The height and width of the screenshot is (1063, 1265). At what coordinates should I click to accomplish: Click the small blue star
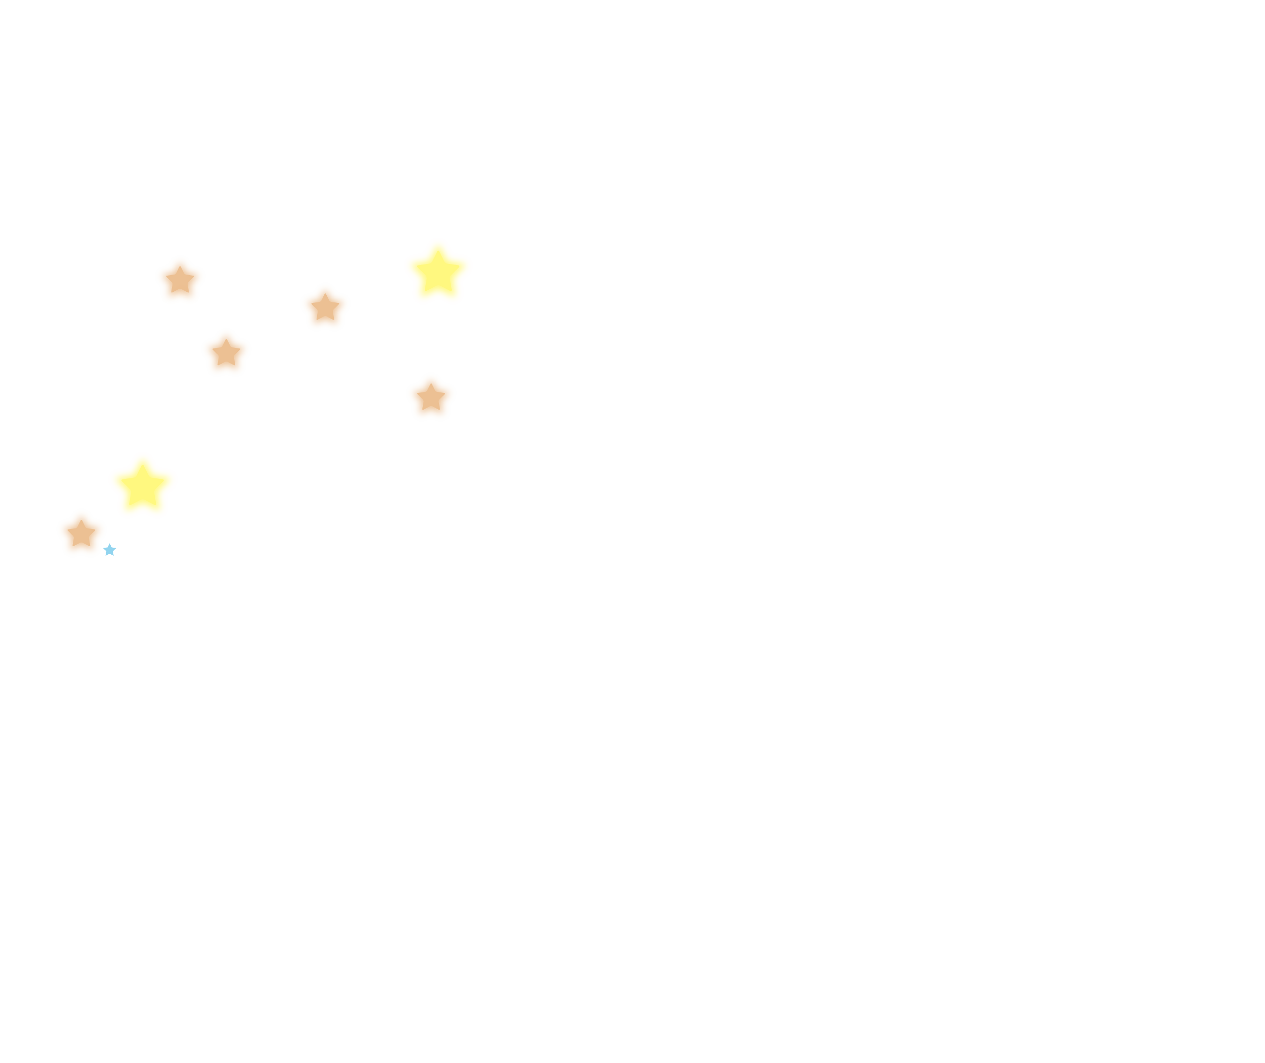point(110,550)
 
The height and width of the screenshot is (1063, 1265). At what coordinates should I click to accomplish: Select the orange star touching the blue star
point(82,534)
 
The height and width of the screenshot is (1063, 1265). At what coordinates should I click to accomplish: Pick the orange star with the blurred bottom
point(180,277)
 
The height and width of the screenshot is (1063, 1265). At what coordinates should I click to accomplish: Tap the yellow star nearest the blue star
point(143,485)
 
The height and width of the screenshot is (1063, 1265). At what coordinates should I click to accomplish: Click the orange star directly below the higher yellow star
point(431,397)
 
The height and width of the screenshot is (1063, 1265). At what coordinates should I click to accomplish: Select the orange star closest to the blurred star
point(226,353)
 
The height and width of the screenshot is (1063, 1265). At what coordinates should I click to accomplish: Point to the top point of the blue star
point(110,544)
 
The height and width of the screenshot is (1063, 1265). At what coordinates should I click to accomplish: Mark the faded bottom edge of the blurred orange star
point(180,295)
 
